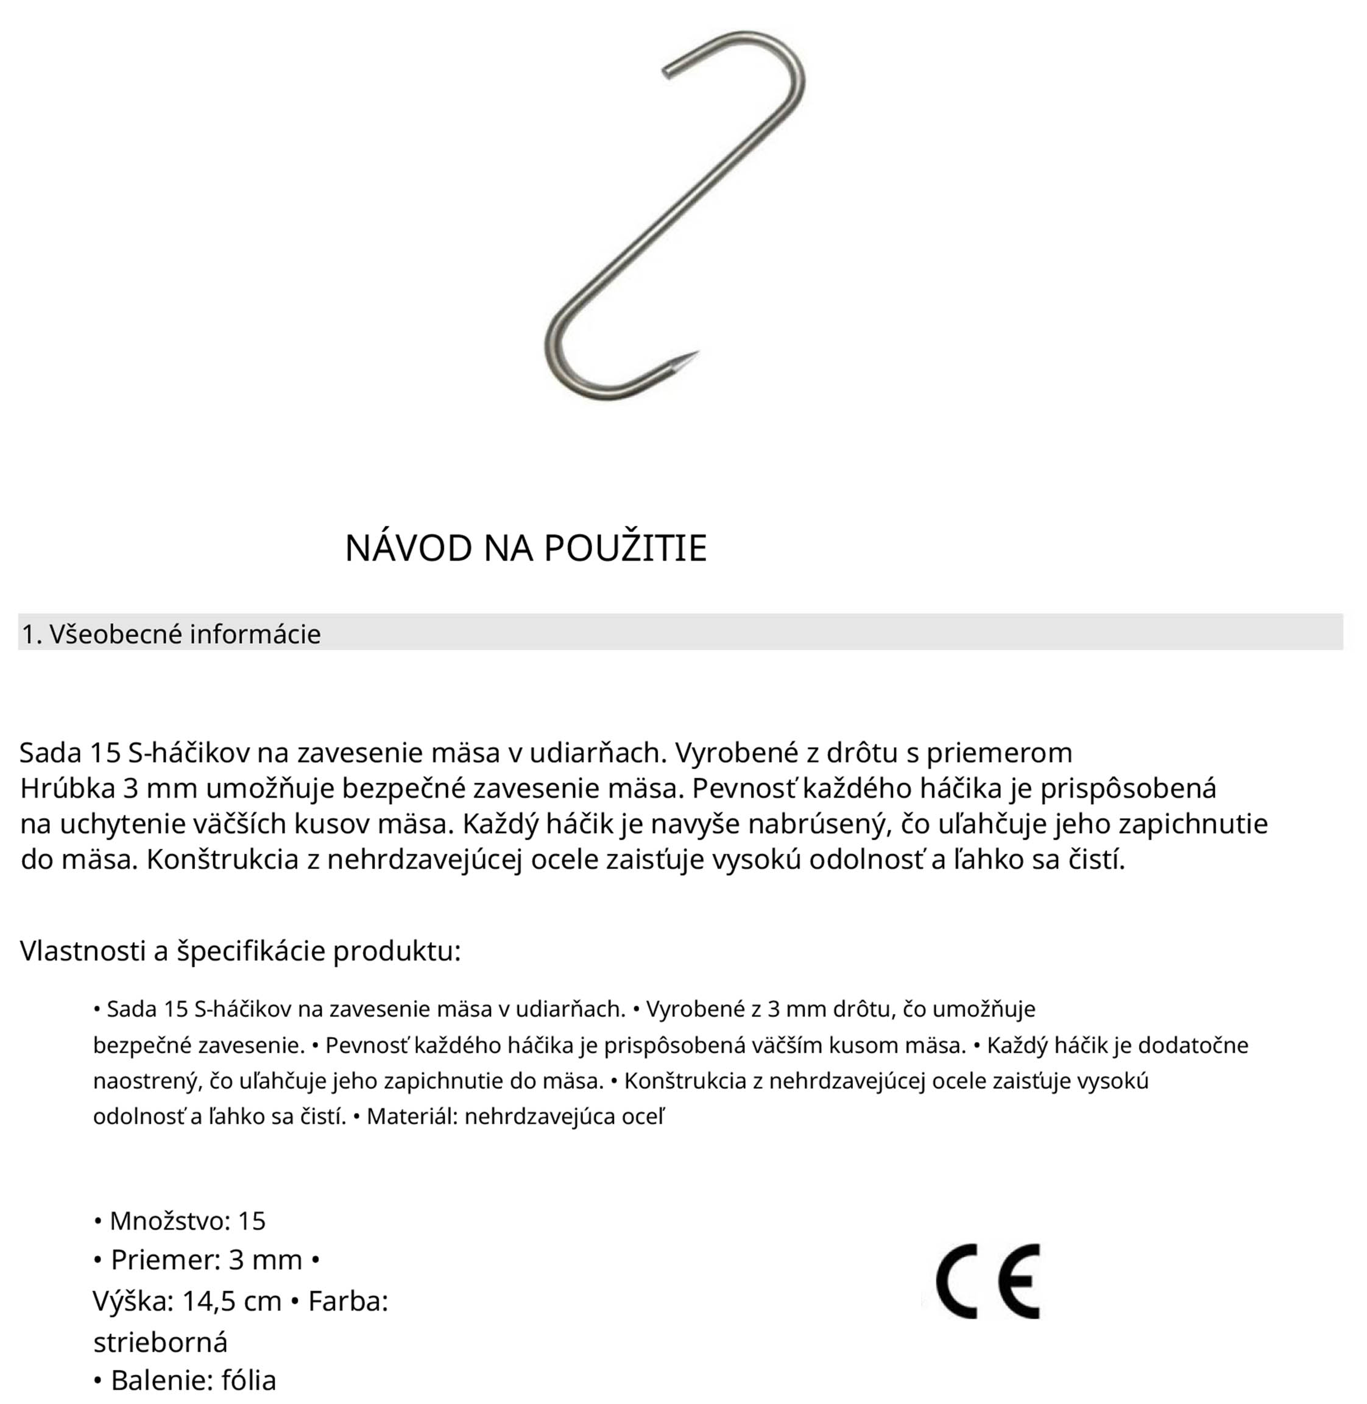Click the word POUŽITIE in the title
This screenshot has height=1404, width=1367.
624,548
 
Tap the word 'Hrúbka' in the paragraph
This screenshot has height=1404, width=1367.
68,789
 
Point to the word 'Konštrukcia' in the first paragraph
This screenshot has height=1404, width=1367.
222,860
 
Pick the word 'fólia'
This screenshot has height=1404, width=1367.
249,1380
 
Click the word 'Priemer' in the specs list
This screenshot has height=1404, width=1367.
165,1260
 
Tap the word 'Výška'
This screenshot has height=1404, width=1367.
133,1301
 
